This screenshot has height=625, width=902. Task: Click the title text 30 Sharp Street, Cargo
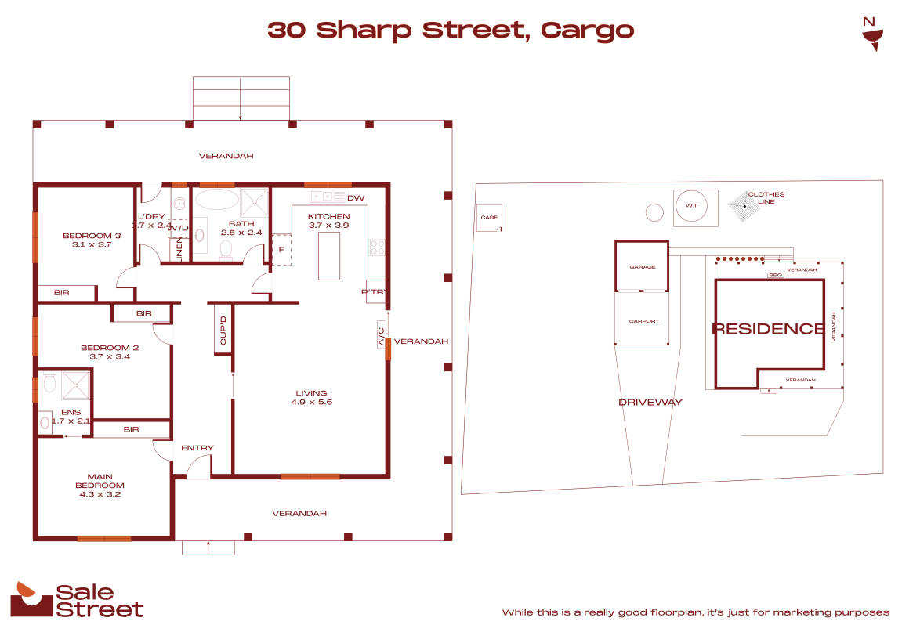[451, 31]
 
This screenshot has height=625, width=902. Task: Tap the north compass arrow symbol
[870, 34]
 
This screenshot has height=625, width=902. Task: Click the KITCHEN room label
[328, 217]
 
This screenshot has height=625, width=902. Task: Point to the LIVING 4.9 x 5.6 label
[311, 397]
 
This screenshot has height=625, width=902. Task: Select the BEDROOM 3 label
[92, 240]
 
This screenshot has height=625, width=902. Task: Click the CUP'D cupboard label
[223, 330]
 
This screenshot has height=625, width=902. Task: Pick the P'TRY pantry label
[372, 292]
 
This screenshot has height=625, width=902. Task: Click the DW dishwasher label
[356, 197]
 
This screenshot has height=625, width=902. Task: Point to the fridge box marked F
[281, 249]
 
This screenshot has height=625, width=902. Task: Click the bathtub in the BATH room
[216, 199]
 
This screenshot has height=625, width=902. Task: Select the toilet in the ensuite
[49, 383]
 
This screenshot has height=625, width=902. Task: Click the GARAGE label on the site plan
[642, 267]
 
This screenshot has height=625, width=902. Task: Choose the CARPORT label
[642, 321]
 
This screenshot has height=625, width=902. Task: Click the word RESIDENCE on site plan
[767, 329]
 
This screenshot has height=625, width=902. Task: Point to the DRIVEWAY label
[650, 402]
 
